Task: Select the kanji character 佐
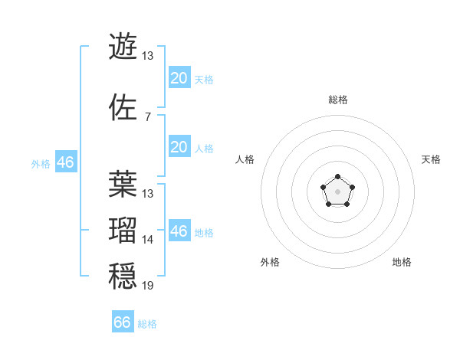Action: point(123,107)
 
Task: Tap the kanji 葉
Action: point(123,184)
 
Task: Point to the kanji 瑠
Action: point(123,230)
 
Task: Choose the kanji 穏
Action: point(123,277)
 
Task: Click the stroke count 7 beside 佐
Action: point(147,116)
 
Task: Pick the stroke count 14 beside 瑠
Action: point(148,240)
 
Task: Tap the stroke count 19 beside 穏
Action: point(148,286)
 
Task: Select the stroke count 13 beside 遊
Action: point(148,56)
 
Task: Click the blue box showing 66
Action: point(122,322)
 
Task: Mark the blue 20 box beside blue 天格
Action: point(179,78)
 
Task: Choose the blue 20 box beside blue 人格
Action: point(179,147)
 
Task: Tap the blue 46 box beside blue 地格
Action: point(179,231)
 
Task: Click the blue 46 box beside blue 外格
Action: point(65,162)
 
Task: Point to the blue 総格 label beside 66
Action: point(147,324)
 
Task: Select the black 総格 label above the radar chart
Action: point(337,100)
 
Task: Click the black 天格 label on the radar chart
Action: point(431,159)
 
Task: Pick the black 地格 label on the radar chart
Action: point(402,263)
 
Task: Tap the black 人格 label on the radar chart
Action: point(245,159)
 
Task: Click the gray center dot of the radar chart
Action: point(337,191)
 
